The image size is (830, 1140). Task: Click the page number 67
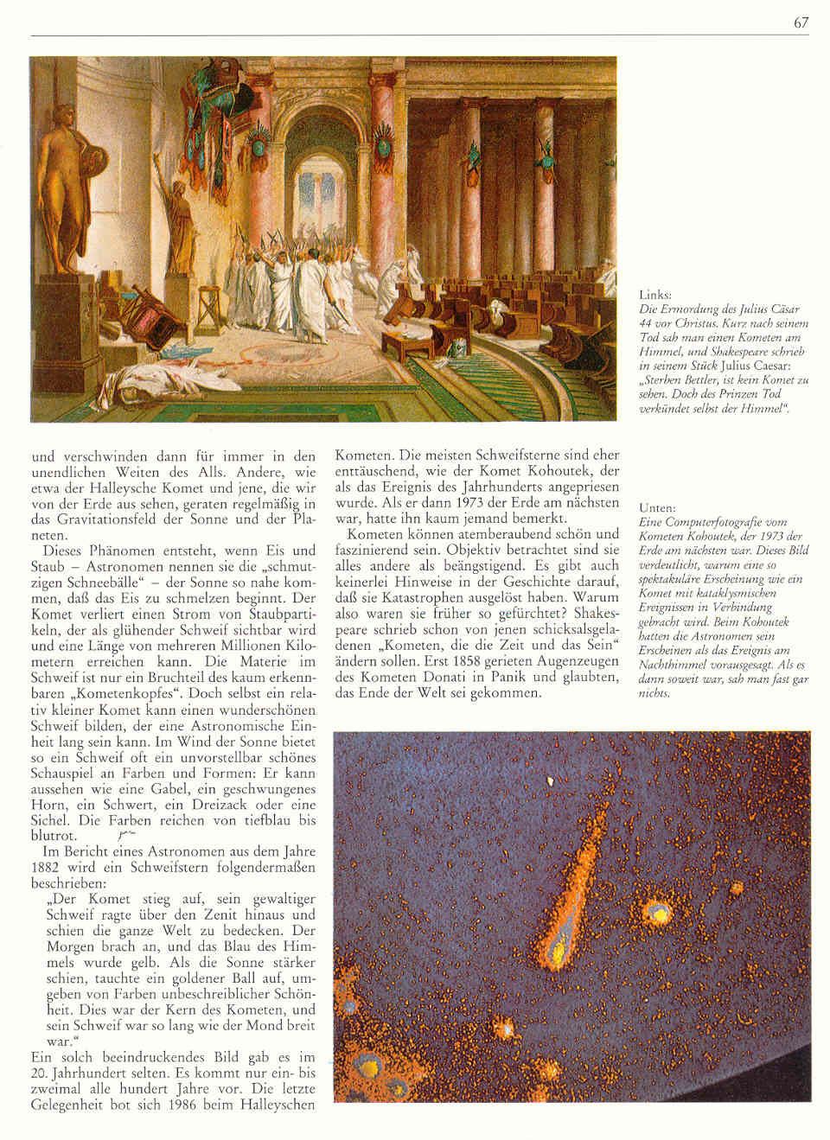801,22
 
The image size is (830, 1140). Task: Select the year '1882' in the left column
44,868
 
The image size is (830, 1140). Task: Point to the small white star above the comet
549,781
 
